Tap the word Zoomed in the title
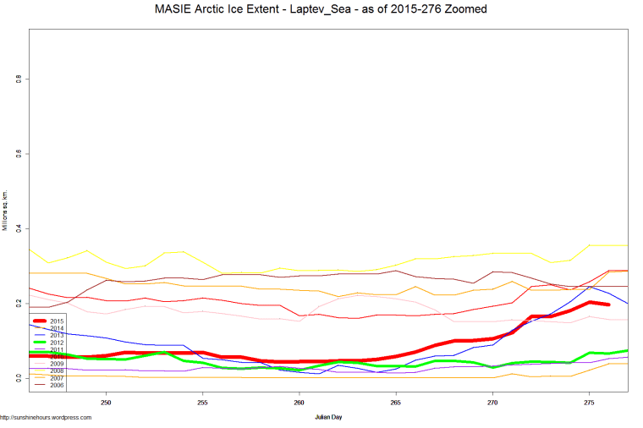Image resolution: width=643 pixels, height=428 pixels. pos(464,9)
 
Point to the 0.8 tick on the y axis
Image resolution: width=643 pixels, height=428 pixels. pos(19,80)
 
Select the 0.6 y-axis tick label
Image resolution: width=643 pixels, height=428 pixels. pos(19,154)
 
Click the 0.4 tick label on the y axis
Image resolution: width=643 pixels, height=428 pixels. pos(19,228)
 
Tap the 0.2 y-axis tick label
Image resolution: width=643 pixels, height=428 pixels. pos(19,303)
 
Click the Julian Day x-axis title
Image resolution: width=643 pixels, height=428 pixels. pos(328,417)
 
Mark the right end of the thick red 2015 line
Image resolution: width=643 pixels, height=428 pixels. pos(607,305)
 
